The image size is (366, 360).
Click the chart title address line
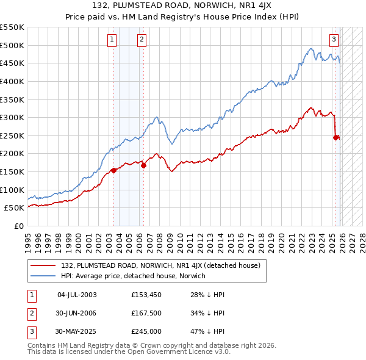183,7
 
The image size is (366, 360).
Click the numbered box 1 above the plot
112,40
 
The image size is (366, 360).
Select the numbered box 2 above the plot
142,40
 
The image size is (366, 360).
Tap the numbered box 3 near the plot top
334,40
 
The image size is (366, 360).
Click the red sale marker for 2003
113,170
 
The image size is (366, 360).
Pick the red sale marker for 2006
143,165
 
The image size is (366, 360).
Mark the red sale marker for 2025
336,137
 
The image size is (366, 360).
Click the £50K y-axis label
15,208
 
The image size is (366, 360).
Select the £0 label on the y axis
18,226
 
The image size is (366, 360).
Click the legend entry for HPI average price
133,276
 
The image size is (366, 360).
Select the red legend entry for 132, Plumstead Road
160,265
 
